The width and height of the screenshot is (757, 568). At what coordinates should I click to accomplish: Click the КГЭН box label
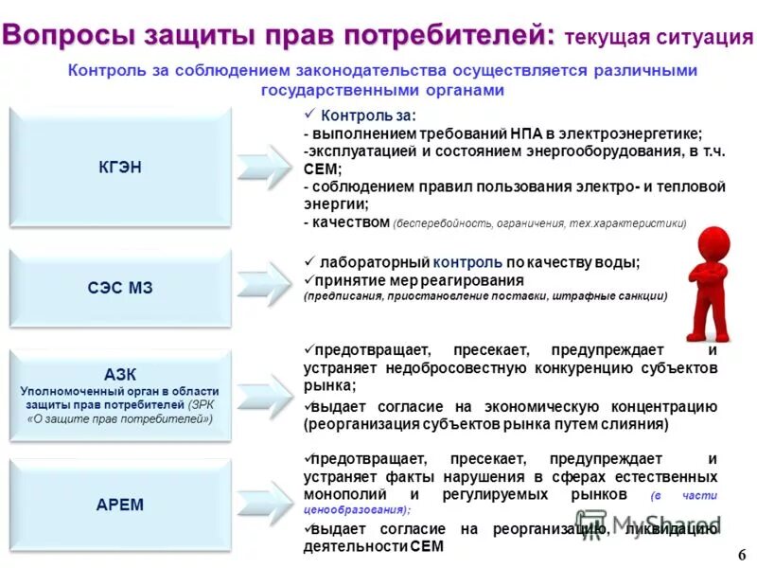coord(120,168)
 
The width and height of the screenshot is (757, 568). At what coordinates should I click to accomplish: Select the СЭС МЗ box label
coord(120,287)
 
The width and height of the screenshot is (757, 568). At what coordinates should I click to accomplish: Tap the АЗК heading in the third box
coord(120,375)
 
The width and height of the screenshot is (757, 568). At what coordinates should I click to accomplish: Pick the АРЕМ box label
coord(120,504)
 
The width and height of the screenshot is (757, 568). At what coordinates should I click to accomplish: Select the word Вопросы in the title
coord(68,34)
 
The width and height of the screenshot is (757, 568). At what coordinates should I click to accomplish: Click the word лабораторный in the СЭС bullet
coord(374,262)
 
